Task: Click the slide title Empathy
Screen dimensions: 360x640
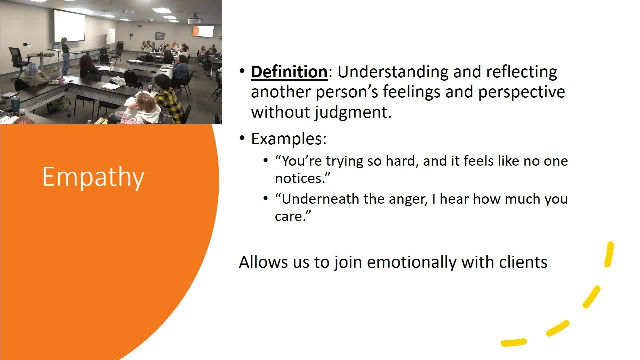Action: [93, 177]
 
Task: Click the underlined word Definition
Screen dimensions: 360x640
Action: [289, 72]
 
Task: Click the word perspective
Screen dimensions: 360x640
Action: [522, 92]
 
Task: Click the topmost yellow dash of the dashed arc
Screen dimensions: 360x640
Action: [609, 254]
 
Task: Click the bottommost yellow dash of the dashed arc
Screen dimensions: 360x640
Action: [514, 342]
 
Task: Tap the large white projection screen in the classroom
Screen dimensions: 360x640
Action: [69, 25]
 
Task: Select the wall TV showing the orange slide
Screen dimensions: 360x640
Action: [203, 31]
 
